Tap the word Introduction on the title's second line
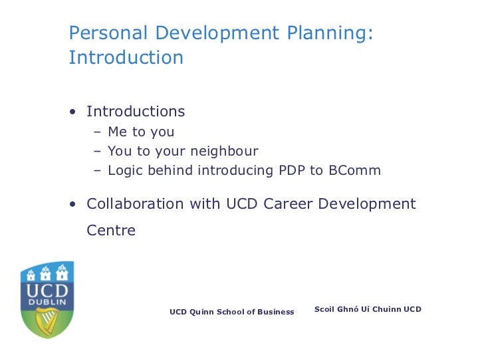click(x=126, y=58)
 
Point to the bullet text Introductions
click(x=136, y=111)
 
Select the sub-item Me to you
click(x=140, y=132)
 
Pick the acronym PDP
click(x=291, y=170)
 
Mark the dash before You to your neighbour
click(x=97, y=151)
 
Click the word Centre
click(x=111, y=231)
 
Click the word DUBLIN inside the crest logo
click(x=47, y=302)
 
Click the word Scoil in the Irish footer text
click(x=326, y=309)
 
